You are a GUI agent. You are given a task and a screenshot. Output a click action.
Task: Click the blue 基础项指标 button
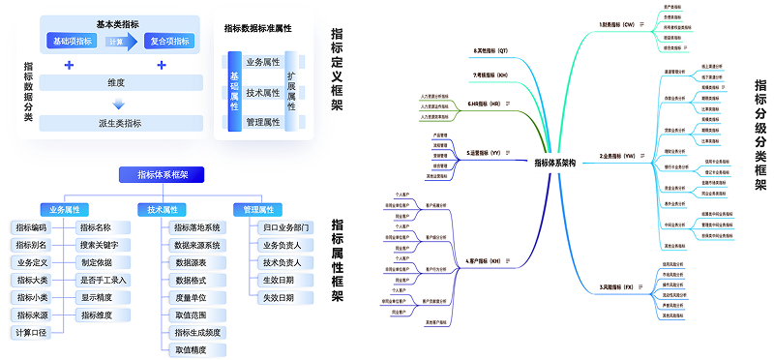73,42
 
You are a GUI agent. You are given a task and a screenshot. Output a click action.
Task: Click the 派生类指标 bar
120,123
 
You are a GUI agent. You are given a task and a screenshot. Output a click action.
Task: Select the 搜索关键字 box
102,245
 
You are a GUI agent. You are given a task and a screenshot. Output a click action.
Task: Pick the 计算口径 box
31,332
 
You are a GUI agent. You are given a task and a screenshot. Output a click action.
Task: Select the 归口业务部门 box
285,227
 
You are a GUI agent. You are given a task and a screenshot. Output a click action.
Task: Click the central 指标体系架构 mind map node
554,163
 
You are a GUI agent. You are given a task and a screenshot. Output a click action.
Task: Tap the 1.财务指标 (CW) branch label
615,25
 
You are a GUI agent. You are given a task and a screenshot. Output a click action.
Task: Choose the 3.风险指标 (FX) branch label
615,287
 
